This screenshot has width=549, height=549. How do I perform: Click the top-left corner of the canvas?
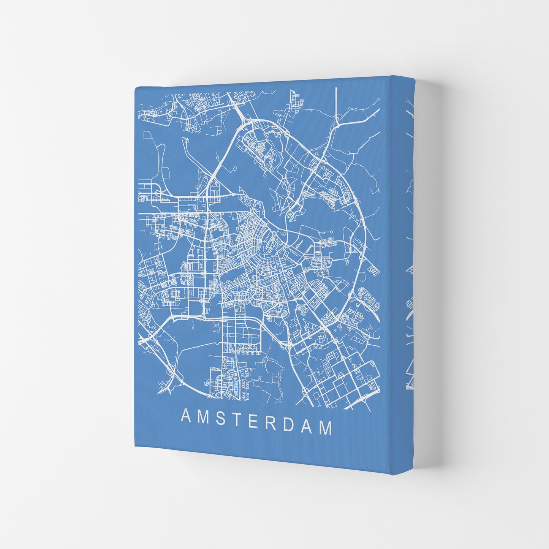tap(136, 88)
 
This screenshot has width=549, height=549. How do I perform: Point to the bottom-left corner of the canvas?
tap(136, 446)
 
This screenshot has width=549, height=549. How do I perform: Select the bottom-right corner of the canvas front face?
tap(391, 475)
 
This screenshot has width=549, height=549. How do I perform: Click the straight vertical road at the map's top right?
tap(336, 103)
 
